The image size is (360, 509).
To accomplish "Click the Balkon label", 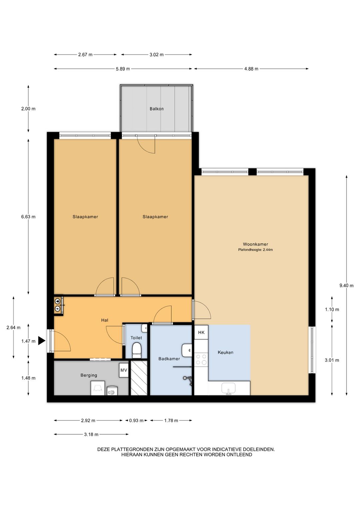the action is [156, 109].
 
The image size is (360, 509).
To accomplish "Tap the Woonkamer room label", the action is [256, 244].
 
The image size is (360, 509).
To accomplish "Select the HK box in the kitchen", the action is [201, 333].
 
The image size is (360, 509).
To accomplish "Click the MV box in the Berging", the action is [124, 370].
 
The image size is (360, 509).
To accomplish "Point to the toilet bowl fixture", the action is [137, 350].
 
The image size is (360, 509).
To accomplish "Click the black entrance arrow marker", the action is [42, 341].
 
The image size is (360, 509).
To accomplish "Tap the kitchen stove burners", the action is [201, 359].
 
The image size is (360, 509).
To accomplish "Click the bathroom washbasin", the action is [187, 350].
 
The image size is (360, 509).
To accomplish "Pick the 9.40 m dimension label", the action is [346, 286].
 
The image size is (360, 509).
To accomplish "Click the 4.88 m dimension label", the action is [251, 69].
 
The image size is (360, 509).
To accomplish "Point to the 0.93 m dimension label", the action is [136, 421].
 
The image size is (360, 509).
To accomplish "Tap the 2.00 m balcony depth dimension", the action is [28, 109].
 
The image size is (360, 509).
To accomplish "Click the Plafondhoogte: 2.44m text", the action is [256, 250].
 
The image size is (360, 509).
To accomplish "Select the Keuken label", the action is [226, 353].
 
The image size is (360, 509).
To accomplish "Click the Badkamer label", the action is [169, 359].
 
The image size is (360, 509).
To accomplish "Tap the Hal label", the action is [105, 321].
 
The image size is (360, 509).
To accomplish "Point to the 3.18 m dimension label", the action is [91, 435].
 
